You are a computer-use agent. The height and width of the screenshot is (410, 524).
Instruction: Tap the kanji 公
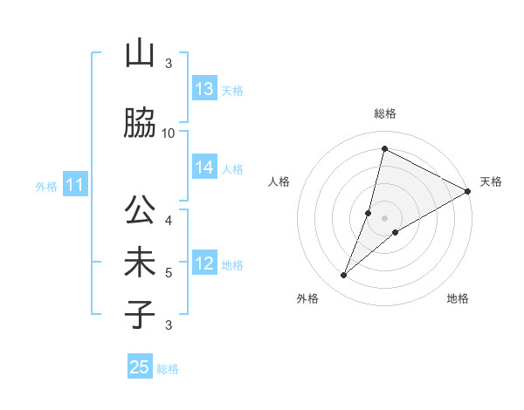pos(140,212)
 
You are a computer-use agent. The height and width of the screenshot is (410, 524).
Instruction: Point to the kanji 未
pos(140,264)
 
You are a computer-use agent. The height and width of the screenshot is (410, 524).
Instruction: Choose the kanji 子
pos(140,315)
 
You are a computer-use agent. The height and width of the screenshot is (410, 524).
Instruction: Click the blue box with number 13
pos(204,90)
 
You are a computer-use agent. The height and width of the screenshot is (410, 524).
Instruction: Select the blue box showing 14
pos(204,168)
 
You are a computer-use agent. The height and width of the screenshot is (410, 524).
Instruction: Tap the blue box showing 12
pos(204,264)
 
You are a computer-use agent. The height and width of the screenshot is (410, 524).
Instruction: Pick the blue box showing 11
pos(75,186)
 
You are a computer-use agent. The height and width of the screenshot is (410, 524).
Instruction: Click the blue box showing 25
pos(140,367)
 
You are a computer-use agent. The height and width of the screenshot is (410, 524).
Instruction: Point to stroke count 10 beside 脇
pos(169,133)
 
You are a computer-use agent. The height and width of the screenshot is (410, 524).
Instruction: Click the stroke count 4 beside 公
pos(169,220)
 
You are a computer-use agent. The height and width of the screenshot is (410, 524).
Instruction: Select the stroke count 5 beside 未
pos(169,273)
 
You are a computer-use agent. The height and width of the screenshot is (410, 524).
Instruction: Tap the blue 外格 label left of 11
pos(46,187)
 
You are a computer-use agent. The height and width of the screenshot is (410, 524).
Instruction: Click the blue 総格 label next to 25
pos(168,369)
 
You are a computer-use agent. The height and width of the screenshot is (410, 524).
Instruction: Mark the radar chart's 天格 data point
pos(468,192)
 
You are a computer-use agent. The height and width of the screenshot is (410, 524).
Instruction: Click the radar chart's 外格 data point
pos(344,276)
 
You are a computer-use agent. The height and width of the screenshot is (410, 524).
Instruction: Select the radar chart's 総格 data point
pos(384,148)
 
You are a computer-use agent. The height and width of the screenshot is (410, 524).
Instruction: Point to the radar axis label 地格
pos(458,299)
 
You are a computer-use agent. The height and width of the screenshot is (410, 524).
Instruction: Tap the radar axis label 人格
pos(279,181)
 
